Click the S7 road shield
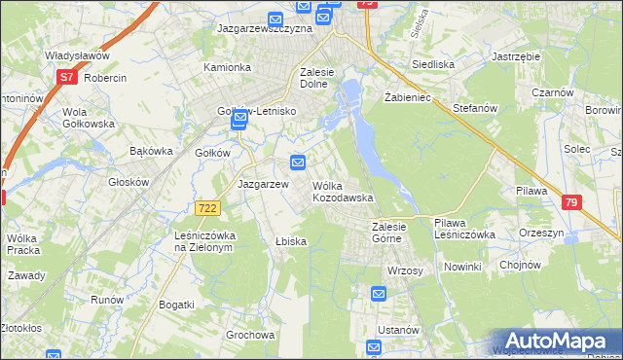click(x=66, y=76)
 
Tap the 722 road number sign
click(x=206, y=208)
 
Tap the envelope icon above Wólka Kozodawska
click(x=298, y=162)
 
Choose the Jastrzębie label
click(x=516, y=56)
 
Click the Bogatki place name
click(x=175, y=305)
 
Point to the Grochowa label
click(x=249, y=335)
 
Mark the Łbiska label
click(x=291, y=241)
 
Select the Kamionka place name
click(x=227, y=68)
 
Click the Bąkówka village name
click(x=151, y=151)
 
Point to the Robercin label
click(x=106, y=78)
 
